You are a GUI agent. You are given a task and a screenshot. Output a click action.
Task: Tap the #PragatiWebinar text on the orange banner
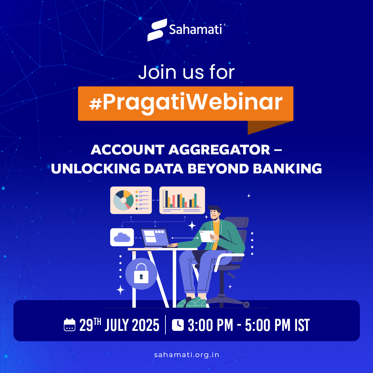point(186,103)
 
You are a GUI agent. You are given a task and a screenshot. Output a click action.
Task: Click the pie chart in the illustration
point(123,200)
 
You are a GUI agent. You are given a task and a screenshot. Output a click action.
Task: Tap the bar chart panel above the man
point(182,200)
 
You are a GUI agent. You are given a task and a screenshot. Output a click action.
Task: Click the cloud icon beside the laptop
point(122,237)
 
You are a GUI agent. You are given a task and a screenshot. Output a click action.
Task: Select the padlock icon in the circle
point(141,274)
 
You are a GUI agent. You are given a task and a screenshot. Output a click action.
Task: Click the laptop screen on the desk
point(154,237)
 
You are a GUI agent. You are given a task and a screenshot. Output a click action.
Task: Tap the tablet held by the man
point(207,236)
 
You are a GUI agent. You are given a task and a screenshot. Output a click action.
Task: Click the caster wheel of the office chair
point(246,304)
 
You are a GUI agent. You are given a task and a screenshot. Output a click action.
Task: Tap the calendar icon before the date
point(69,325)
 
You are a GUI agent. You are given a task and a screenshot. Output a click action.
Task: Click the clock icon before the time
point(178,325)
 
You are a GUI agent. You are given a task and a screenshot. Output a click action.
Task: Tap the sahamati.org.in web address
point(186,355)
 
